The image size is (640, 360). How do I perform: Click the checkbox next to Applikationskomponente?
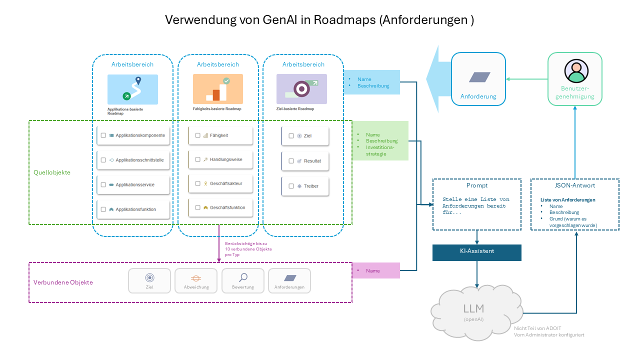103,135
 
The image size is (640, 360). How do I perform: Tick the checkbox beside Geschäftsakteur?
198,183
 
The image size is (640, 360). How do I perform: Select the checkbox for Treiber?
291,186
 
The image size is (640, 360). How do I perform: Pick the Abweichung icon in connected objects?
196,278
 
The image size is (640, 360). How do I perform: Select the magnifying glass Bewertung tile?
243,278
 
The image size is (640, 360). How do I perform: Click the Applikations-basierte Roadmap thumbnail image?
132,89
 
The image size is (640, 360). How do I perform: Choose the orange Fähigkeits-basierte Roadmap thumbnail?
218,89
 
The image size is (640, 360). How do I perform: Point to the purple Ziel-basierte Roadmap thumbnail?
301,89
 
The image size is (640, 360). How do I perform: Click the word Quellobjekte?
52,172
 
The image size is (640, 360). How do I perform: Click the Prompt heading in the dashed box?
476,185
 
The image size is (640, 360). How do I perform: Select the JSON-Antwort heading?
574,185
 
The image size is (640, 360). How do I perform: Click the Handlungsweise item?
225,159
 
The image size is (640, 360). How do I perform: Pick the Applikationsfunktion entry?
135,209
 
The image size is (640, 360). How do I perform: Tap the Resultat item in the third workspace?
312,161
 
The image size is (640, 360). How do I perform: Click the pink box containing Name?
376,270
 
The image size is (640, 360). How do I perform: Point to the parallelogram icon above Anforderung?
479,77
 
